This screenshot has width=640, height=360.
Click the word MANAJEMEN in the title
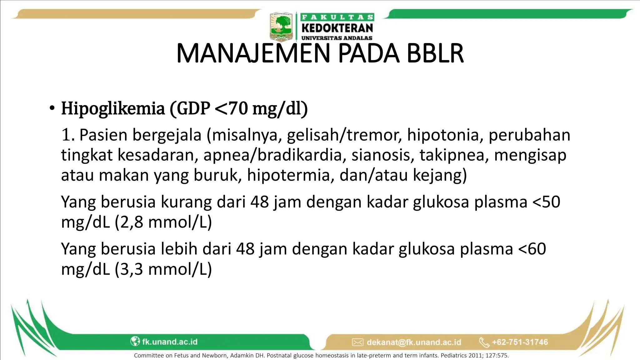(253, 54)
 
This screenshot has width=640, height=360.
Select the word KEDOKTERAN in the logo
(337, 28)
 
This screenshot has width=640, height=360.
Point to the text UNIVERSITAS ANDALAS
(337, 38)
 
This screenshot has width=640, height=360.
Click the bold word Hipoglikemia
(113, 109)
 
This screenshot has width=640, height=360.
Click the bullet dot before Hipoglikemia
(52, 109)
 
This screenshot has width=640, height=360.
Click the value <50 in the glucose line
(546, 202)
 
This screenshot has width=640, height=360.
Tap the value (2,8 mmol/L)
(163, 222)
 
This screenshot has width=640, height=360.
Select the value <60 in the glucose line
(532, 249)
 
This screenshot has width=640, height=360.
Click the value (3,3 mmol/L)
(163, 269)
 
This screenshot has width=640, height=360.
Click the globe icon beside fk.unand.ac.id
(135, 341)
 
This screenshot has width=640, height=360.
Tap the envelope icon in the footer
(357, 342)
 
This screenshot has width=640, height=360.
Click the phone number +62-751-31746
(520, 342)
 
